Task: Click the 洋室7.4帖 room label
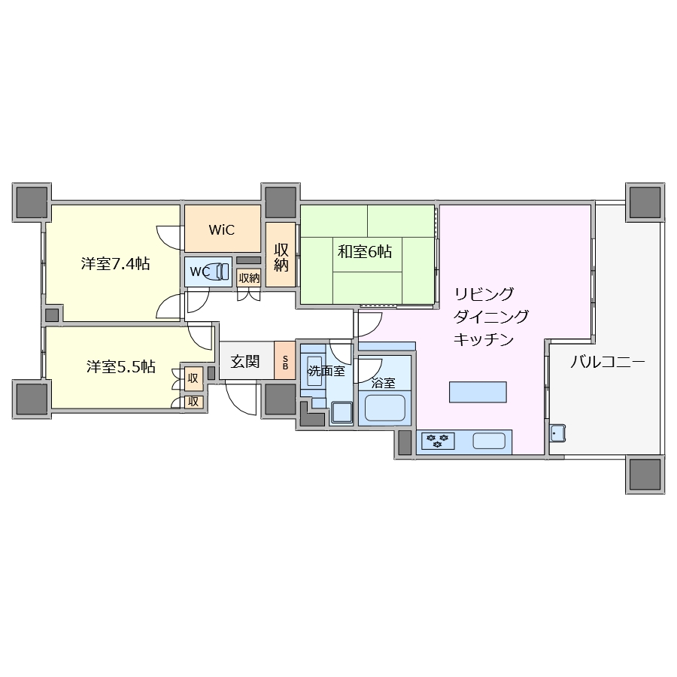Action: click(114, 264)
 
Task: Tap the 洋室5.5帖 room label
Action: click(120, 367)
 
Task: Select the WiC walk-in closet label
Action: click(222, 229)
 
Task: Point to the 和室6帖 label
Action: click(364, 252)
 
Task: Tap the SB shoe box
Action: click(285, 362)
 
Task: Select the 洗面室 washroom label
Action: click(326, 371)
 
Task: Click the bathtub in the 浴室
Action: click(384, 408)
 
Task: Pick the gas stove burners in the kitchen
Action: click(437, 441)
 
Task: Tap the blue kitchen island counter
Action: click(478, 392)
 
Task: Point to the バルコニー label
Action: click(607, 362)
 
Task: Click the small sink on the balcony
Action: click(557, 433)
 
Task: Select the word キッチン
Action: click(483, 340)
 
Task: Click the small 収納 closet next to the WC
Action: click(248, 278)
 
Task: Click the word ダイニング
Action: click(490, 317)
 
